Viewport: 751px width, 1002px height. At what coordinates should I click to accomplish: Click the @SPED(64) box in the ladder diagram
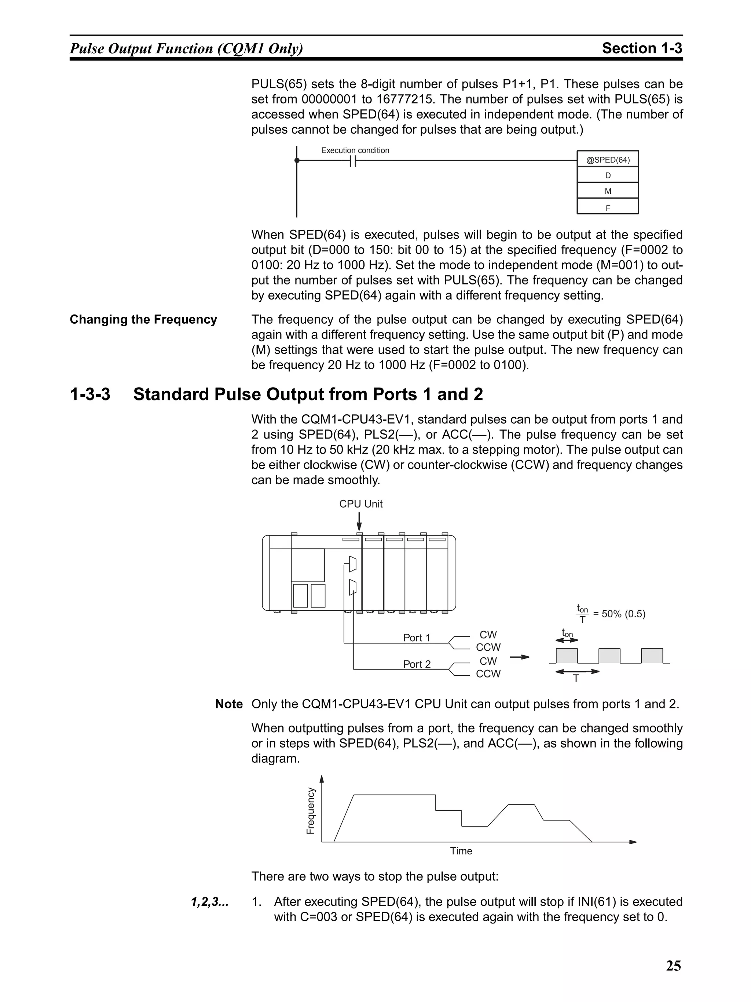[608, 159]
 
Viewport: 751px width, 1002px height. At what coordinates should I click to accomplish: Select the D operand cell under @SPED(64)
[608, 175]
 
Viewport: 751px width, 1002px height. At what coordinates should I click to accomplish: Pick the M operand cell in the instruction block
[608, 191]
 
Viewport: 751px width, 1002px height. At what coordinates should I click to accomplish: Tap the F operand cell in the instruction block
[608, 208]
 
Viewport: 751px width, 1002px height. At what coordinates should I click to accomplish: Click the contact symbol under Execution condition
[353, 161]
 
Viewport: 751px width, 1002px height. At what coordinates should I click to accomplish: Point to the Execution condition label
[355, 150]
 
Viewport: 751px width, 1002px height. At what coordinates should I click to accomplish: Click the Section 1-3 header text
[641, 48]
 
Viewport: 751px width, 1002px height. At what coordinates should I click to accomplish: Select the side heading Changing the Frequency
[143, 319]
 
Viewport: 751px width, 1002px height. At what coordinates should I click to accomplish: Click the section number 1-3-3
[90, 394]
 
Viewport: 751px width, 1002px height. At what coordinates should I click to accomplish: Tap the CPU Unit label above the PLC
[361, 504]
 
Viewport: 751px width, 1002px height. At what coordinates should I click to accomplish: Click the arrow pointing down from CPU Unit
[359, 521]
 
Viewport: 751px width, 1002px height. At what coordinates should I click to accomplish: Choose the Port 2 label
[417, 664]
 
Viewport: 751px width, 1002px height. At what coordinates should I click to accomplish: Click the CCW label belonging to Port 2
[488, 674]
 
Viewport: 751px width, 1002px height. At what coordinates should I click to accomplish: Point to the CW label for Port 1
[488, 635]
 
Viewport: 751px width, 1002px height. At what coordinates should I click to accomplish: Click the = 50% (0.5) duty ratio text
[619, 614]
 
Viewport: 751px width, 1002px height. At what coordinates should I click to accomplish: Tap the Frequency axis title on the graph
[310, 811]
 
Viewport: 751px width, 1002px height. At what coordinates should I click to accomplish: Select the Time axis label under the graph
[461, 851]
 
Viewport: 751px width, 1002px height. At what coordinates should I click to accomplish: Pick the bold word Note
[228, 704]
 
